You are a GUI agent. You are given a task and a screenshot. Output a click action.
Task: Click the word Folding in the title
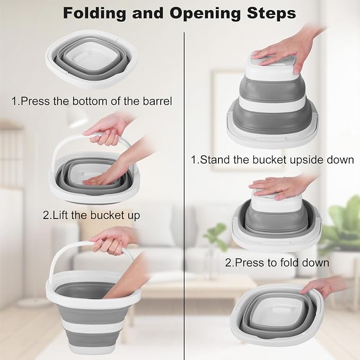(x=94, y=14)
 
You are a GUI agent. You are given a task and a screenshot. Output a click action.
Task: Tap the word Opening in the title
(x=204, y=14)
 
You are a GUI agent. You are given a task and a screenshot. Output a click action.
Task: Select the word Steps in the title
(x=271, y=14)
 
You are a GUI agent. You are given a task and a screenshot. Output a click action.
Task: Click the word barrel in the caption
(x=157, y=101)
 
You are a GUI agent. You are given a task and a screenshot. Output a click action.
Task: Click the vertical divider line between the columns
(x=184, y=195)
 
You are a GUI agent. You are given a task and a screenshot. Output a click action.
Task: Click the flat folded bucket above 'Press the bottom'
(x=91, y=60)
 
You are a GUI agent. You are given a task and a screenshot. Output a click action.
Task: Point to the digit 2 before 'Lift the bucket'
(x=46, y=215)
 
